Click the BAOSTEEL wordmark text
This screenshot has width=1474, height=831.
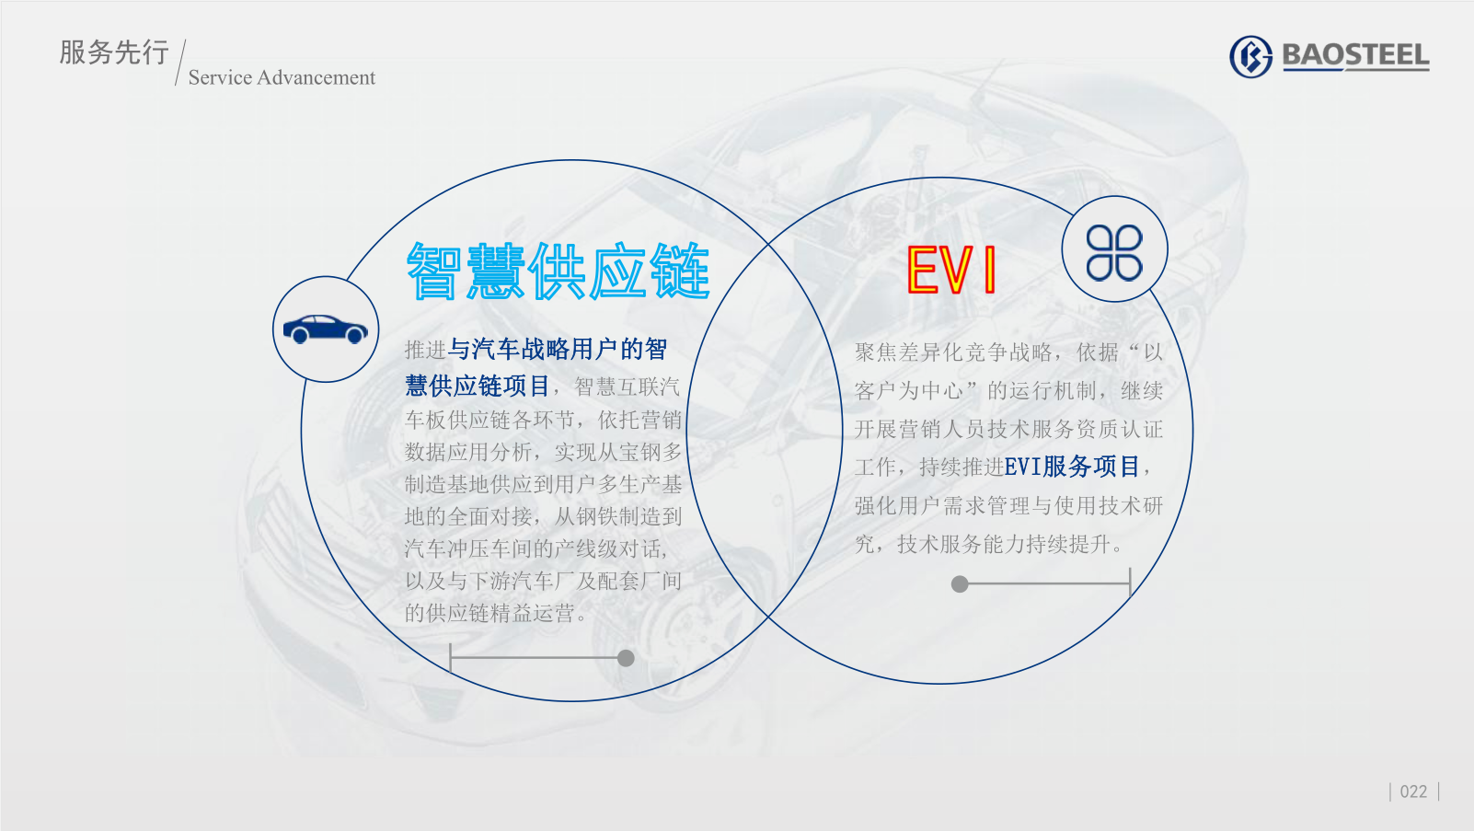tap(1355, 56)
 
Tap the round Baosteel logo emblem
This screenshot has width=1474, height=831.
tap(1251, 56)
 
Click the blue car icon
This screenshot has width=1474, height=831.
tap(325, 329)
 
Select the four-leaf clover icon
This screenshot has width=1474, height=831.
tap(1114, 253)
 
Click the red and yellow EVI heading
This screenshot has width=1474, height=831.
tap(951, 269)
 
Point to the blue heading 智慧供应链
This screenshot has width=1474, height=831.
tap(558, 271)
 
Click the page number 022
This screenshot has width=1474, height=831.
tap(1413, 791)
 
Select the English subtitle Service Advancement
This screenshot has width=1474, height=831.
tap(282, 77)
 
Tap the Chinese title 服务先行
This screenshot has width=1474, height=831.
tap(114, 52)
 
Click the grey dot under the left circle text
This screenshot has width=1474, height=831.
tap(626, 658)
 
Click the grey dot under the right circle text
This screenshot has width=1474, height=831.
tap(960, 583)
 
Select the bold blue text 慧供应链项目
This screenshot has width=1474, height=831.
tap(478, 386)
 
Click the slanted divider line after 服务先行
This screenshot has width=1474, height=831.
tap(180, 63)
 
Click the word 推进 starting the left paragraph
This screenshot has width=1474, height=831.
tap(426, 350)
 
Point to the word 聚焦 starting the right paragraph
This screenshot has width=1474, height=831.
tap(876, 352)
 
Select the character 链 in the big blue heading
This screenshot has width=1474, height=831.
tap(681, 271)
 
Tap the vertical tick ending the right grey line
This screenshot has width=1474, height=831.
tap(1130, 583)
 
